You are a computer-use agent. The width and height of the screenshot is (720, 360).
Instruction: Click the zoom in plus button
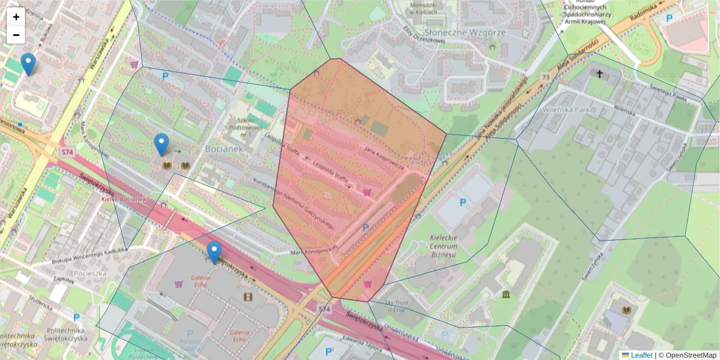point(16,17)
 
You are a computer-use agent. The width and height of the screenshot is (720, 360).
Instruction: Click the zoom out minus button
point(16,35)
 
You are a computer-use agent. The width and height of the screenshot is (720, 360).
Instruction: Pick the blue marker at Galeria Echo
point(214,253)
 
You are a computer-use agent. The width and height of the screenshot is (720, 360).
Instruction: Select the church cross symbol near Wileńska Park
point(599,73)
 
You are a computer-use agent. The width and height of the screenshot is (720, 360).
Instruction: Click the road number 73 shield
point(545,77)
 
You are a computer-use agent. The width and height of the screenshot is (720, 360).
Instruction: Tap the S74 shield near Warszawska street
point(67,152)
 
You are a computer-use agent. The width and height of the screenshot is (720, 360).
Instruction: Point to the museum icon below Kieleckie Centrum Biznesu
point(506,294)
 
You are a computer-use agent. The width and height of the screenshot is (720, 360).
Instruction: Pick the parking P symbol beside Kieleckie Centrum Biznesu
point(463,203)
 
